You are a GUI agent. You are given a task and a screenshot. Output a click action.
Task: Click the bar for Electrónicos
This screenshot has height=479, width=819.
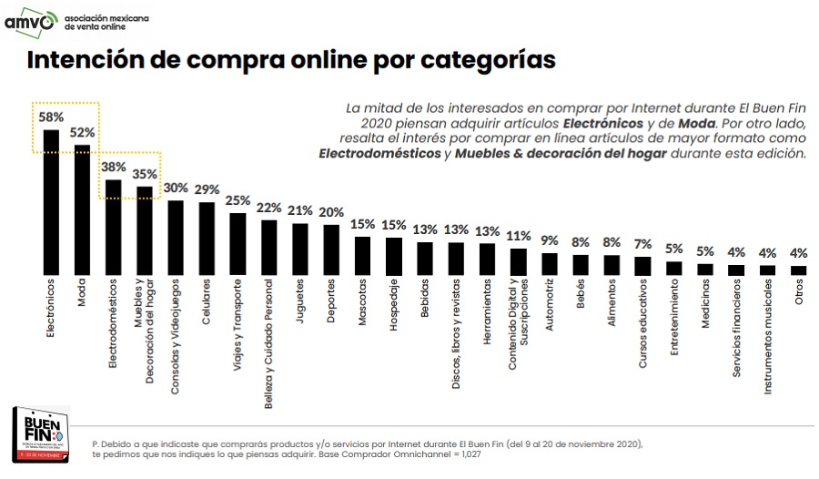(52, 202)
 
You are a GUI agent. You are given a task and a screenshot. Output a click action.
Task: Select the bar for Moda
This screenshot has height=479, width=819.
(83, 209)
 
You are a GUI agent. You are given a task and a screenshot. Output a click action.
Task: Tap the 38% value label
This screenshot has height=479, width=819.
(114, 168)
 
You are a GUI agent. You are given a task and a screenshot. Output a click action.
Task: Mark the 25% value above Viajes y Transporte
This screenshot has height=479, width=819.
(238, 200)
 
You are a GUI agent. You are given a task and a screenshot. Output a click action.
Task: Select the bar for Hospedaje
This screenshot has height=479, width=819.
(394, 257)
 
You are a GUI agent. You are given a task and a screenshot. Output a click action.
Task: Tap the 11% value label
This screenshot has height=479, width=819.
(518, 236)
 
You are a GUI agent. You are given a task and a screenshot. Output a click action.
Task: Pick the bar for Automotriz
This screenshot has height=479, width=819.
(549, 264)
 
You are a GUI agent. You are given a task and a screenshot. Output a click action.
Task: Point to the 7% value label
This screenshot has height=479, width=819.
(642, 244)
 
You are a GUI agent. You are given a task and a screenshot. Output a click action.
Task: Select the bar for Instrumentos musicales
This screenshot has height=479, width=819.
(767, 270)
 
